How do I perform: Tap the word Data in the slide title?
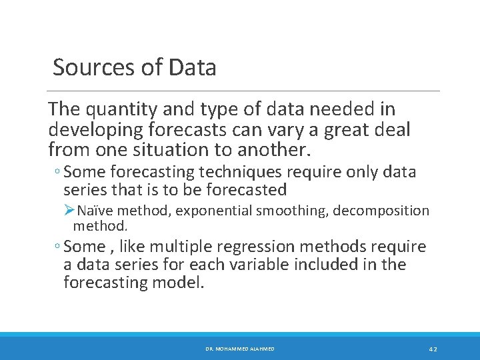coord(193,67)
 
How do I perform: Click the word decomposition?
coord(381,211)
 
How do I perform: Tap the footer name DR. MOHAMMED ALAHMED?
coord(239,349)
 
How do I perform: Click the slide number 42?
coord(433,349)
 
